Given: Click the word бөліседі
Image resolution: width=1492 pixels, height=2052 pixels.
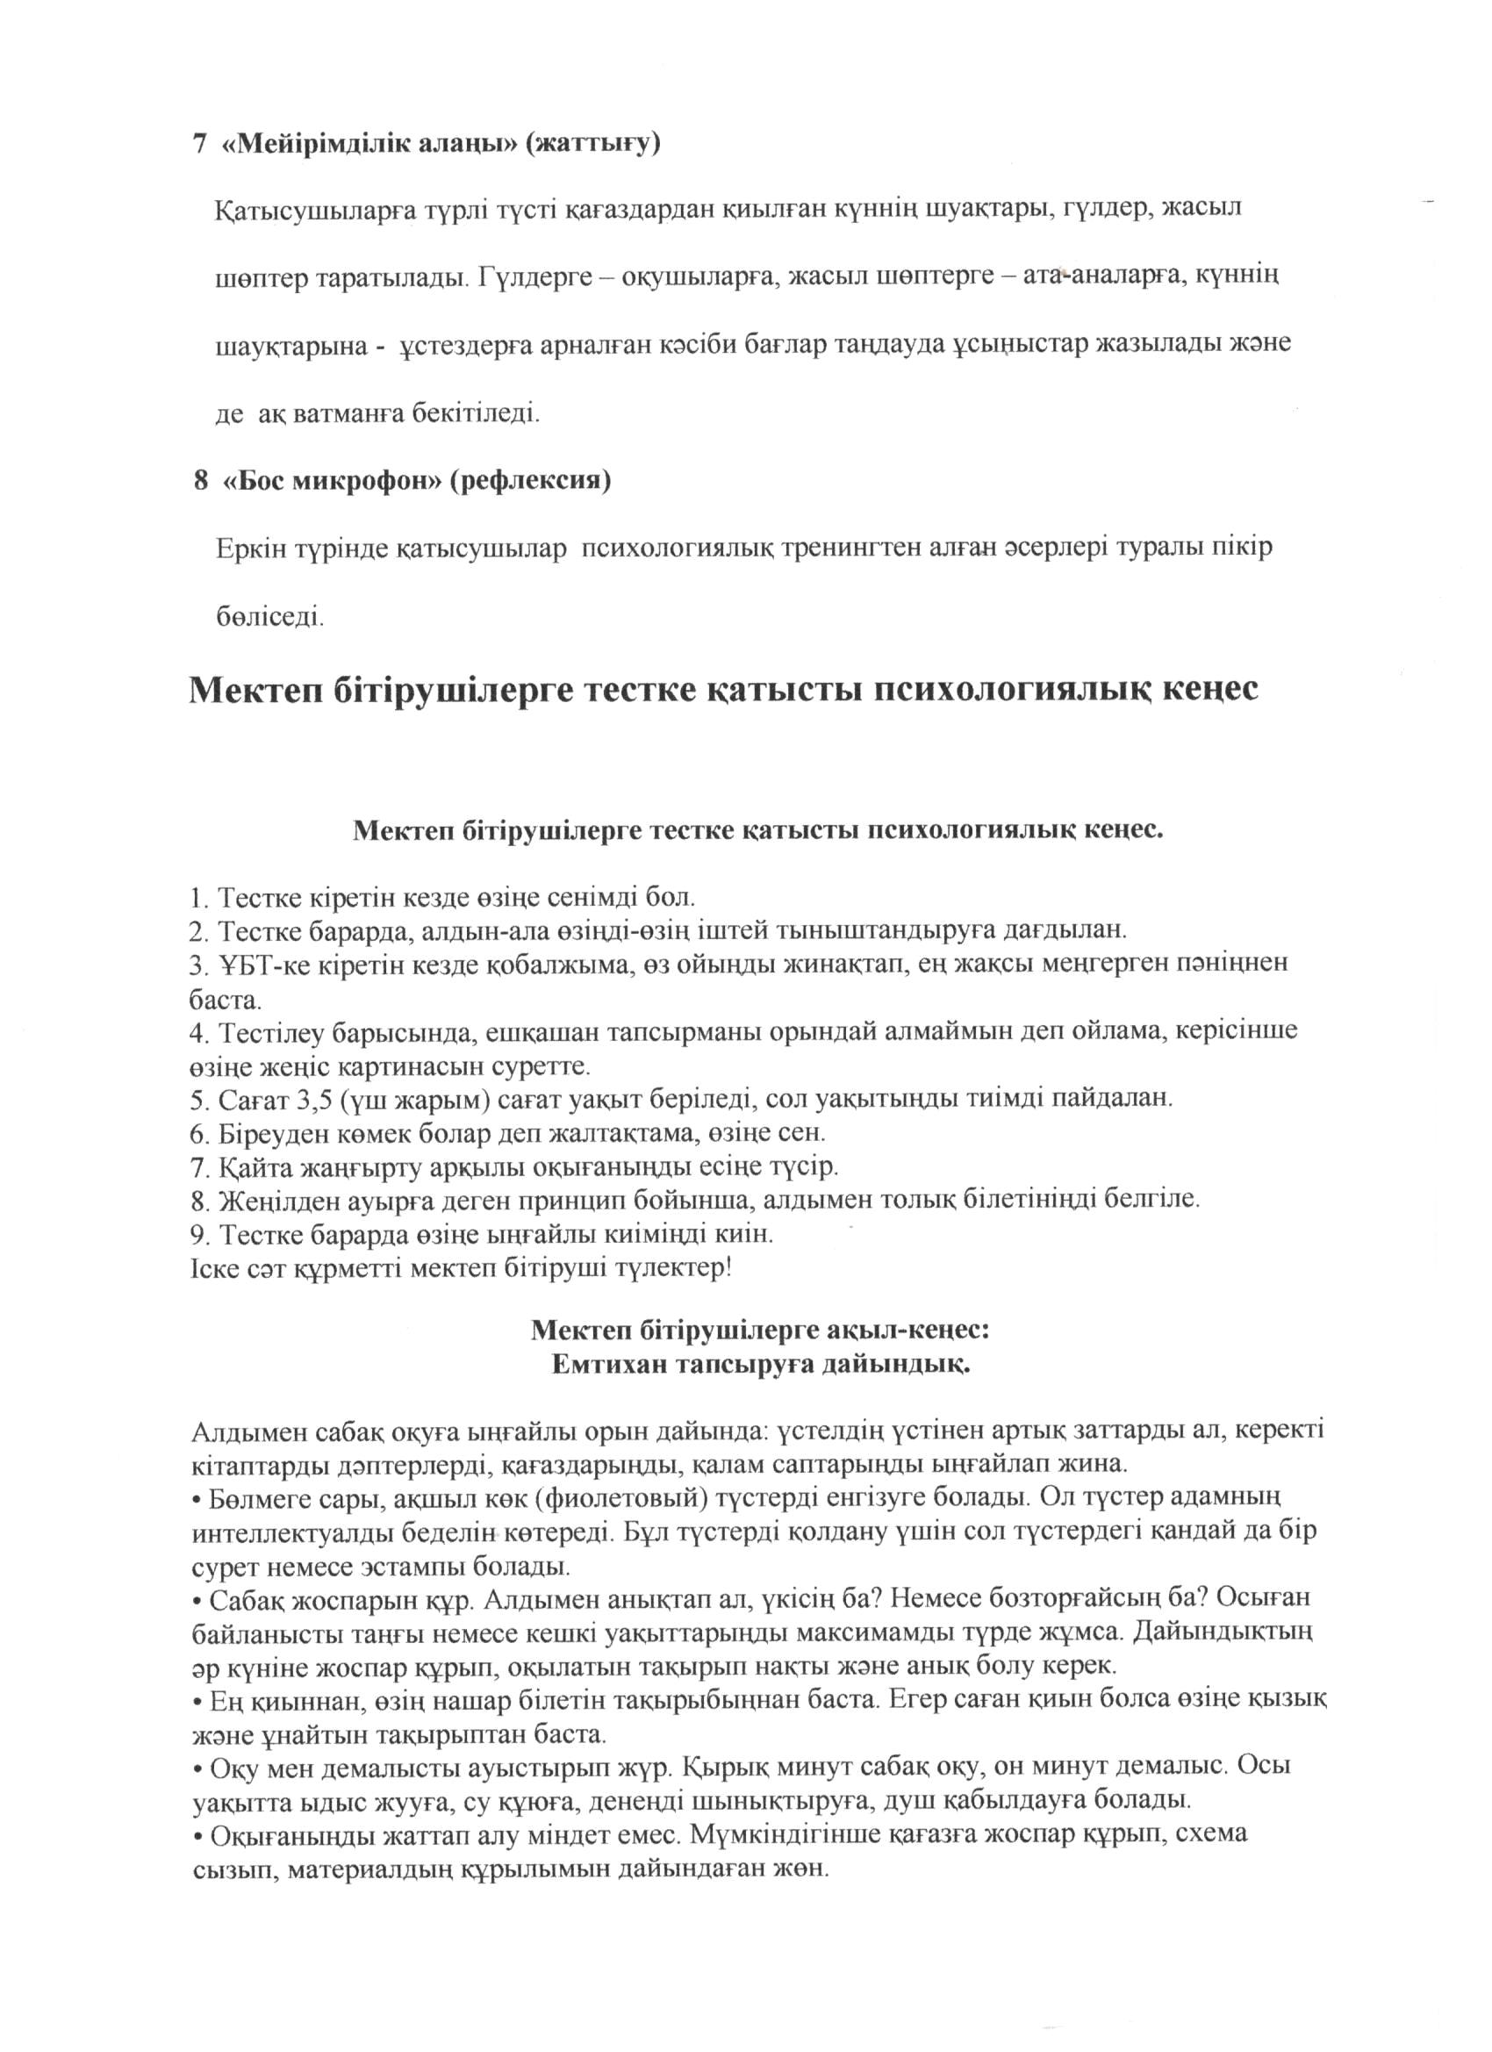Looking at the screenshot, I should pyautogui.click(x=269, y=617).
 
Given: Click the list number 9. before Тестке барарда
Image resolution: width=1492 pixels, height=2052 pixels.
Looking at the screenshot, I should pyautogui.click(x=200, y=1234).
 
